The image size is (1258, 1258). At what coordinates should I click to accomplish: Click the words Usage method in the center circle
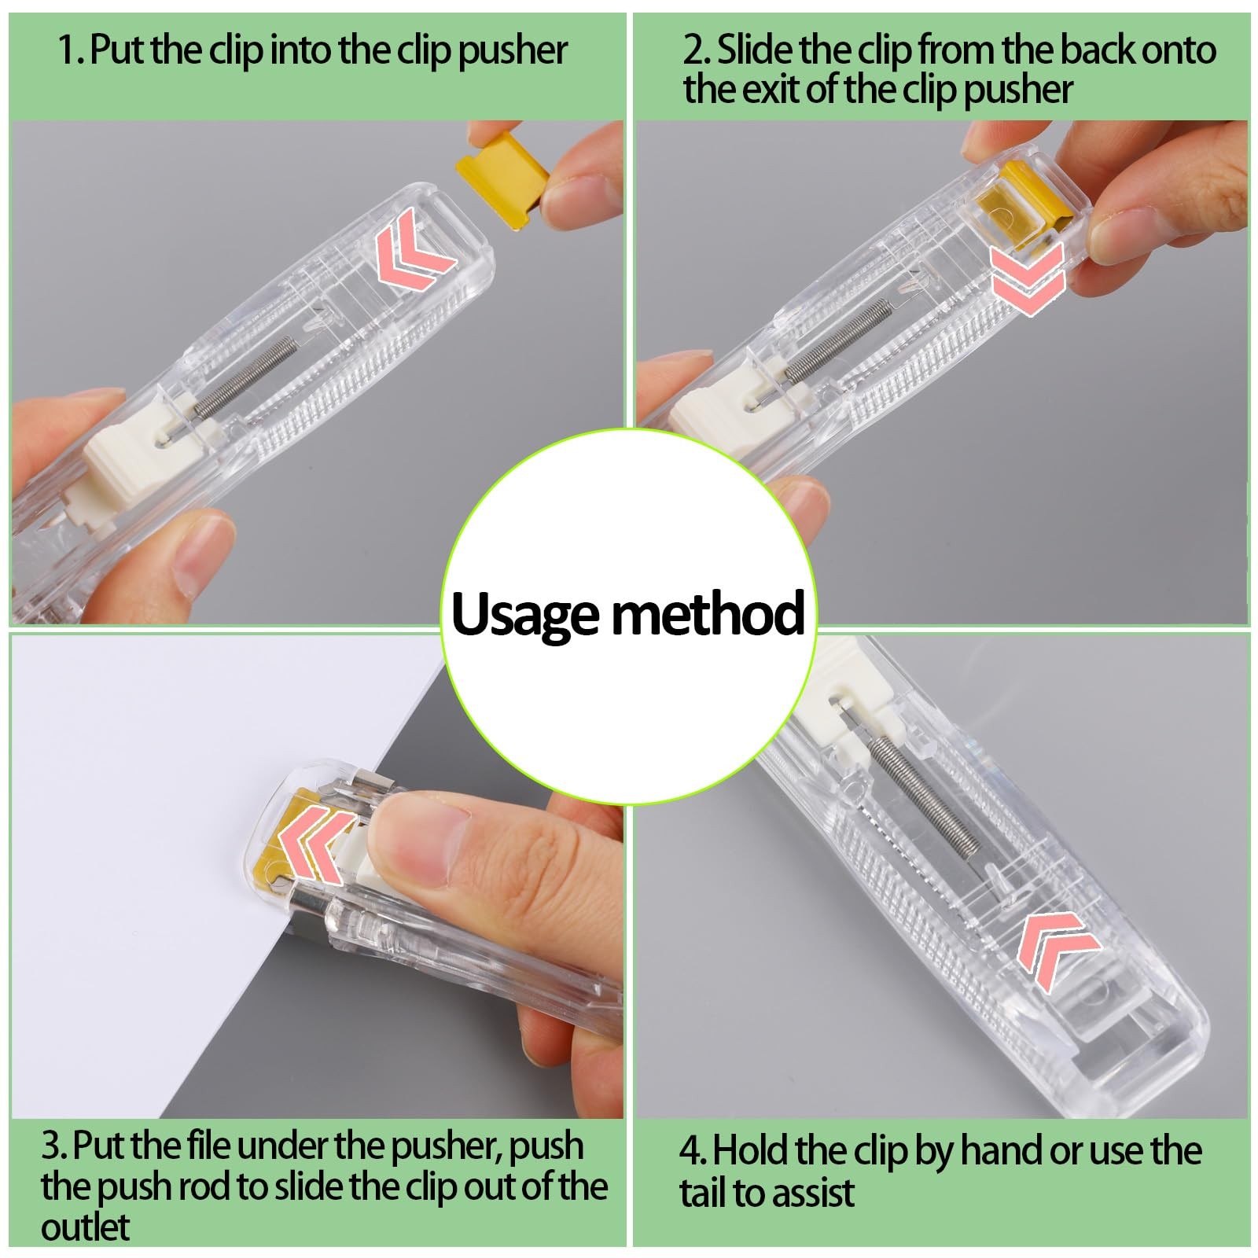(x=628, y=614)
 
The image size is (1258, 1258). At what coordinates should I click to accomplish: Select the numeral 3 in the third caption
(x=52, y=1146)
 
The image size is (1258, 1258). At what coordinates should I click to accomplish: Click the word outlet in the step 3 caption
(x=86, y=1227)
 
